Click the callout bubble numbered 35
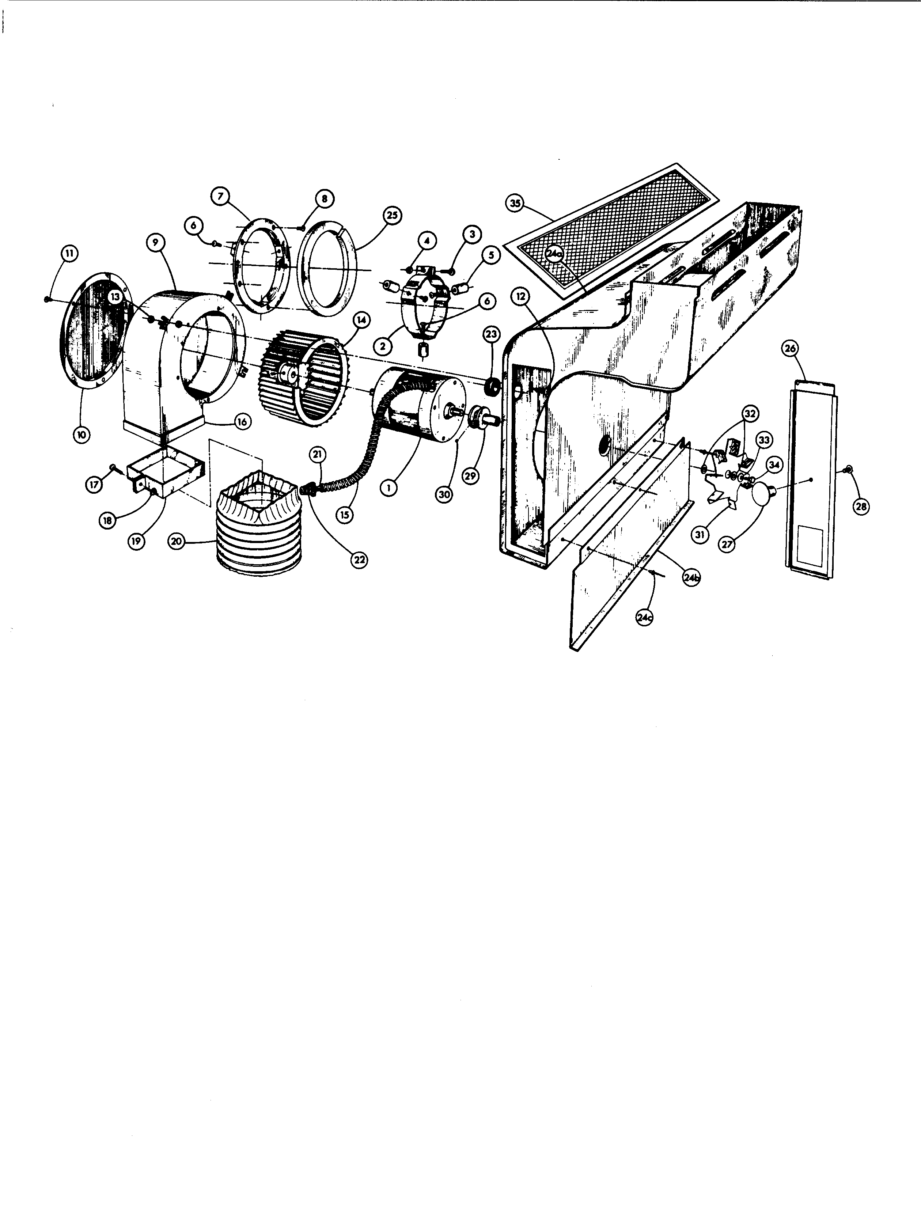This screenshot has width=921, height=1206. [515, 204]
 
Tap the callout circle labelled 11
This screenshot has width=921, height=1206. [69, 253]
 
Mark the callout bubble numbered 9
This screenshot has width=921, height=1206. [156, 243]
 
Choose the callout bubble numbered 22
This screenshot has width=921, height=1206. [359, 560]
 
